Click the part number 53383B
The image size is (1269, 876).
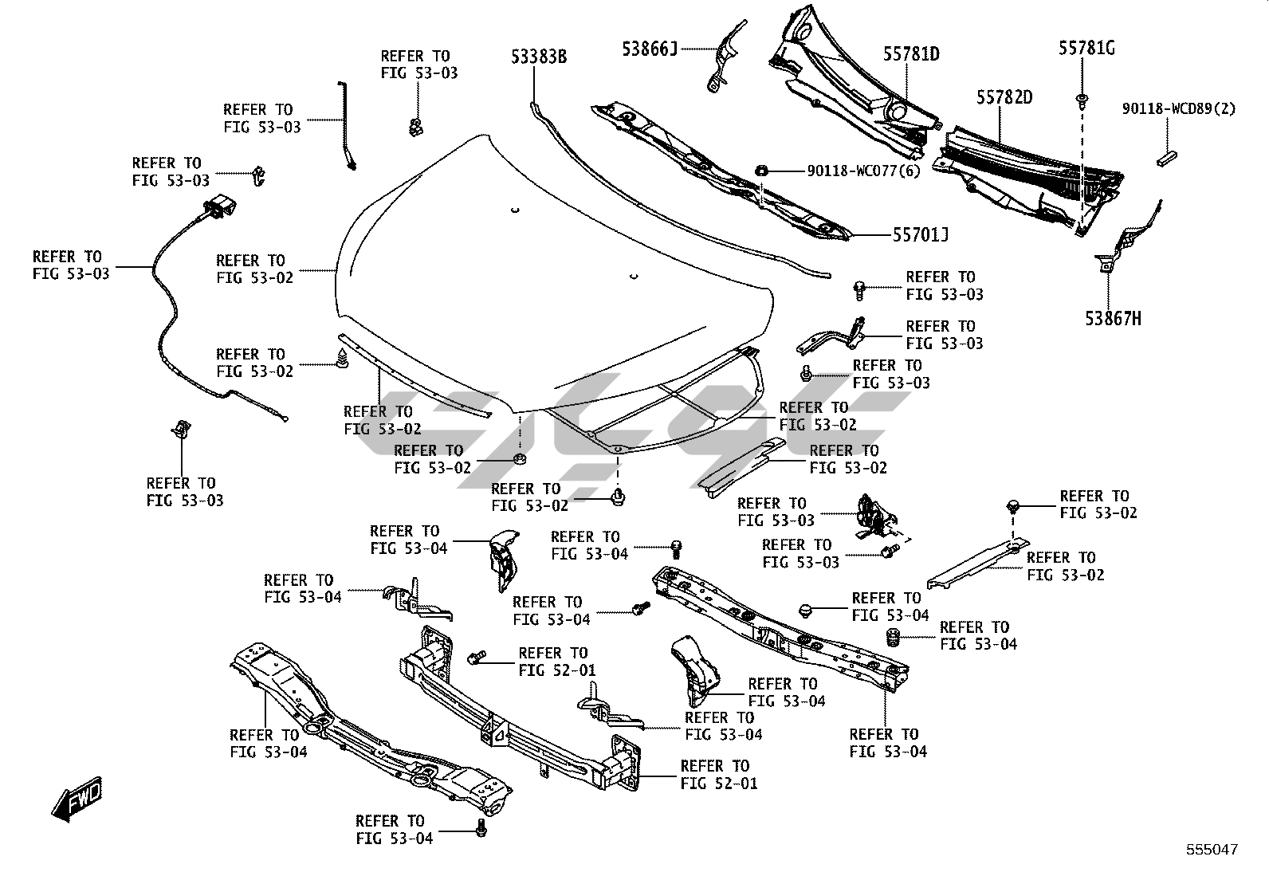539,57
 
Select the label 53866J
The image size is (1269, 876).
650,49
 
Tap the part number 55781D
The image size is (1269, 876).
911,54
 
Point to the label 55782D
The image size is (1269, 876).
1004,97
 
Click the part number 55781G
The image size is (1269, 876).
1086,48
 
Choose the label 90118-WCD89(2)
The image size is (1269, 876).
1179,109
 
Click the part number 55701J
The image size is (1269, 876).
921,235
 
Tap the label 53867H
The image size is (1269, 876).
1113,319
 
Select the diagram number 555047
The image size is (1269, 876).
1212,850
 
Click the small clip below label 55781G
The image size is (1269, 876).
1082,100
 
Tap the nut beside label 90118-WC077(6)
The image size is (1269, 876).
760,170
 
